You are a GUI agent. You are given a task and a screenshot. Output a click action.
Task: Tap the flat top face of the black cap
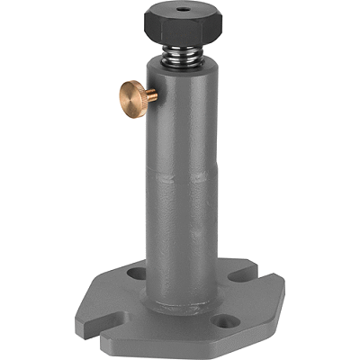point(171,15)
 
